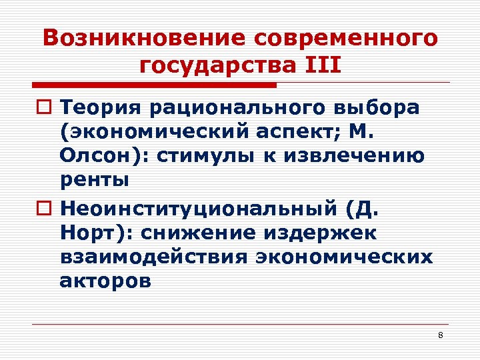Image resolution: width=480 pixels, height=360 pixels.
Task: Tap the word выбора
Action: coord(378,108)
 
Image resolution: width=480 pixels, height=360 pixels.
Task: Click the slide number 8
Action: coord(440,335)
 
